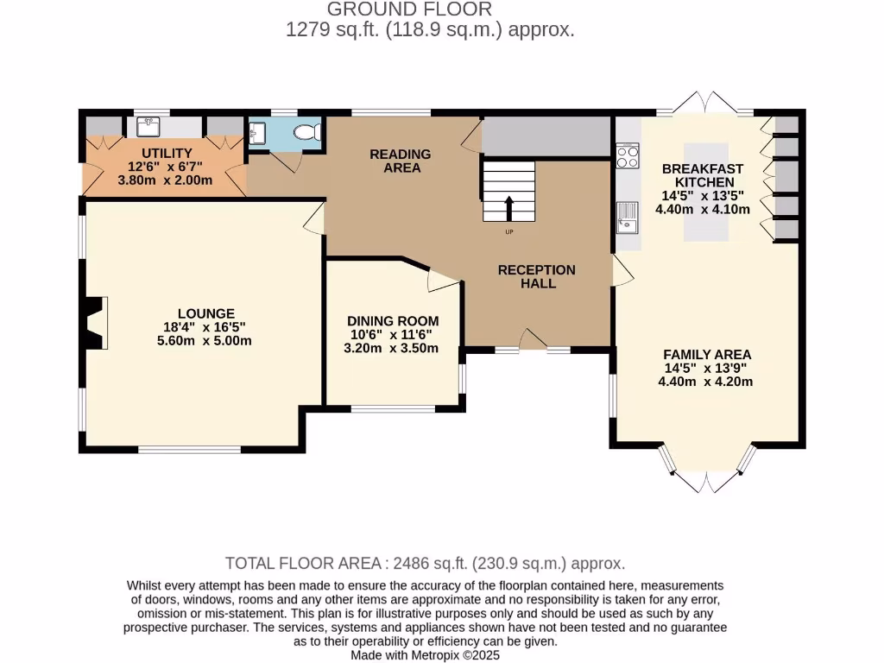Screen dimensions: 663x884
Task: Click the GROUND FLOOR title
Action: click(410, 9)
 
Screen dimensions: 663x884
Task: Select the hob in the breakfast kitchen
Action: click(628, 157)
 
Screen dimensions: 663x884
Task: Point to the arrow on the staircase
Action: click(508, 209)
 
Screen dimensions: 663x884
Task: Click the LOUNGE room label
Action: click(205, 313)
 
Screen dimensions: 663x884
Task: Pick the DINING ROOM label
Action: click(393, 320)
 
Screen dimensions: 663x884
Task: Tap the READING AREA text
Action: click(400, 161)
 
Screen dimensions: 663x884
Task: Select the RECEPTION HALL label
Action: click(536, 276)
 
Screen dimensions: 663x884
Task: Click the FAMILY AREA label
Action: click(706, 354)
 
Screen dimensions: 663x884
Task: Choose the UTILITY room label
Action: click(161, 153)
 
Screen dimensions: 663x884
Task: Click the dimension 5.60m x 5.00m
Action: click(204, 341)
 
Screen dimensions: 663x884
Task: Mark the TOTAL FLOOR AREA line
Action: click(425, 563)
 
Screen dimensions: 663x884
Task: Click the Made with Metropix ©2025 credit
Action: click(425, 655)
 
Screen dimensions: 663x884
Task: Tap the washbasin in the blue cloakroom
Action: click(256, 132)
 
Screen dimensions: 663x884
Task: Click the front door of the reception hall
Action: click(533, 341)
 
